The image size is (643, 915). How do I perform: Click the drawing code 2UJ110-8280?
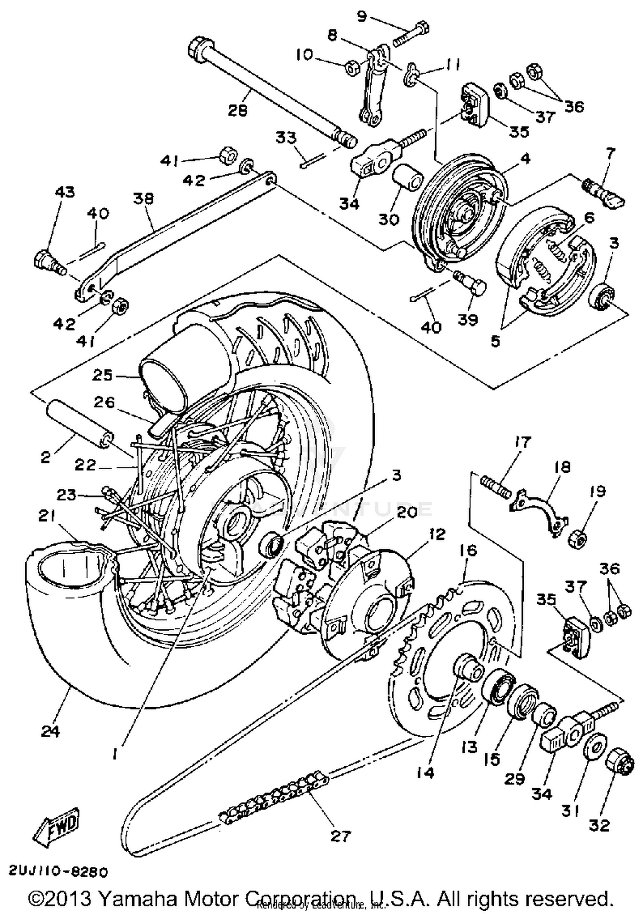[x=58, y=872]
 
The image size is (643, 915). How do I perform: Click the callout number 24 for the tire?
[x=50, y=730]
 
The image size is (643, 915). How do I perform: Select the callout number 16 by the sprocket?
[x=468, y=550]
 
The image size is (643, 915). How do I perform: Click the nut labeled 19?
[x=577, y=537]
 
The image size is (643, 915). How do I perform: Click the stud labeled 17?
[x=496, y=489]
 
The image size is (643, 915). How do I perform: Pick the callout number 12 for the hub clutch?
[x=437, y=534]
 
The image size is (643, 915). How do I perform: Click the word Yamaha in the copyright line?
[x=139, y=898]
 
